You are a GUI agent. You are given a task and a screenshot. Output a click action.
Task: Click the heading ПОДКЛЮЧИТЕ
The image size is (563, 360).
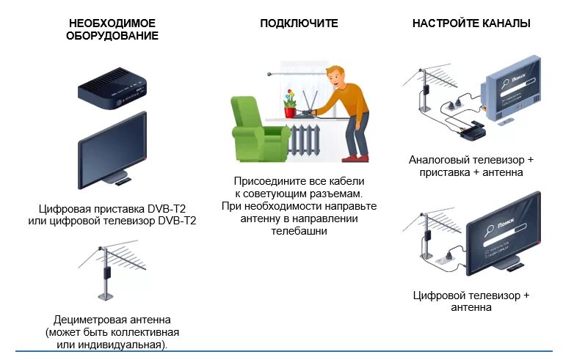tap(299, 23)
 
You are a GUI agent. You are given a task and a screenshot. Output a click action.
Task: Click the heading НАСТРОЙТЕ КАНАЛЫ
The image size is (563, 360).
tap(471, 23)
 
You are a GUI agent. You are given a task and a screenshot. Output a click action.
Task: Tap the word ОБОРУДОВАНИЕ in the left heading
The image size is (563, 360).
tap(112, 36)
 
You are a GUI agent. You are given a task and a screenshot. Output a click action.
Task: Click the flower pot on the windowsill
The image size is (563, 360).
tap(290, 111)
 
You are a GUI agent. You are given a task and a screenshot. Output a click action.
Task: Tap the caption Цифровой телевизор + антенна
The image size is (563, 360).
tap(471, 301)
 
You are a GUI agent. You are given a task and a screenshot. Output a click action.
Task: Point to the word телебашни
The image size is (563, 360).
tap(299, 230)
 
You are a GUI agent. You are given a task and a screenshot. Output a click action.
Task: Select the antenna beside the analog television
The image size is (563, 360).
tap(426, 89)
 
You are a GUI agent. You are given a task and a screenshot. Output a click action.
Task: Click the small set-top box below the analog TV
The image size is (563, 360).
tap(472, 131)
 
